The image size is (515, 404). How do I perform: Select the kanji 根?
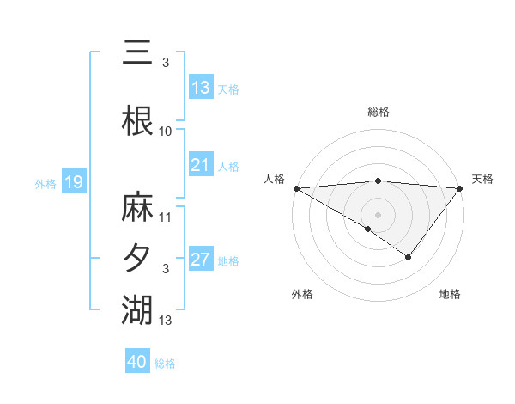point(138,120)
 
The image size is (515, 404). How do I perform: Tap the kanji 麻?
point(138,209)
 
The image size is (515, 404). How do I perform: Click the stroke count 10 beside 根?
point(166,131)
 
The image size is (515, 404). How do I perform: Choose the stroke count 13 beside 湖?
point(166,320)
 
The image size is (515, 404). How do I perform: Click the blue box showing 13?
point(200,88)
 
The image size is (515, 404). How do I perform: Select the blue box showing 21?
point(200,165)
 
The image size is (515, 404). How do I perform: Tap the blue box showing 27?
point(200,260)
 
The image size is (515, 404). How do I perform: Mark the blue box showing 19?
point(73,182)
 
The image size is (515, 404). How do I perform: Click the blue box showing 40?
point(136,362)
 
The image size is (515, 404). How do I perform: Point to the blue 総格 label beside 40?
point(165,364)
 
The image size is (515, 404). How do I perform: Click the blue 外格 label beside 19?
point(45,183)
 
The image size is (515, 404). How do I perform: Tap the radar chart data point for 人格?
point(296,188)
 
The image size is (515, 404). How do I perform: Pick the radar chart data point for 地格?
point(409,257)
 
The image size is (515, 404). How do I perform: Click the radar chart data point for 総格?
point(379,181)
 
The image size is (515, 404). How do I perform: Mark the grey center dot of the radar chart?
point(379,214)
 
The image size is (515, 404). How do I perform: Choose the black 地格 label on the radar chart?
point(450,295)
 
